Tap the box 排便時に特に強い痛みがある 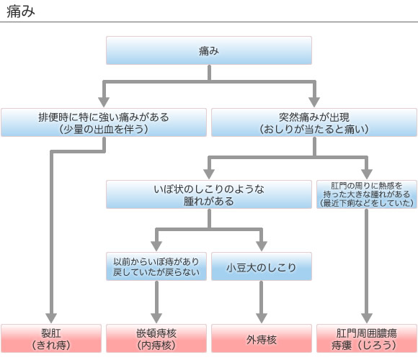[104, 122]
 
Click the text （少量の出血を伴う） [104, 130]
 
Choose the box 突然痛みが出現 [313, 122]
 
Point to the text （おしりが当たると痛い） [313, 130]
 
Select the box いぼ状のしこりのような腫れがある [209, 194]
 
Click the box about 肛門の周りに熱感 [366, 194]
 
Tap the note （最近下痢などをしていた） [366, 204]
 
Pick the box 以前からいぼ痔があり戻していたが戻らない [156, 267]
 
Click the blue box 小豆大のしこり [261, 267]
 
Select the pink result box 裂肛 [52, 338]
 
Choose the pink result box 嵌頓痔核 [156, 338]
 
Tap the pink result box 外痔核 [261, 338]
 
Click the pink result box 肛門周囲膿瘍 [366, 338]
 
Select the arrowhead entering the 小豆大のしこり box [261, 246]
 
